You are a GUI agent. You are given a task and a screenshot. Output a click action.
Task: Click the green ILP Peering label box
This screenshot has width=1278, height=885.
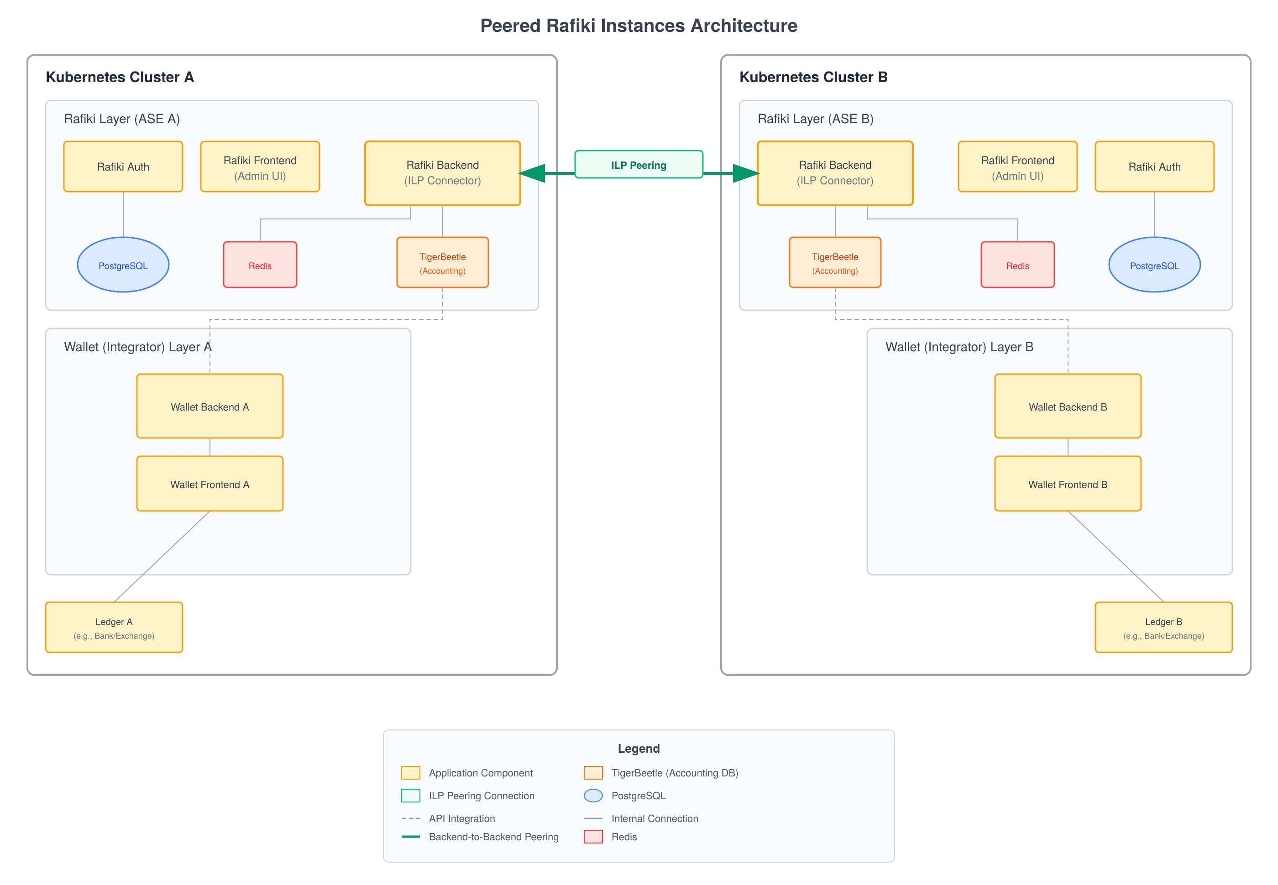pyautogui.click(x=639, y=165)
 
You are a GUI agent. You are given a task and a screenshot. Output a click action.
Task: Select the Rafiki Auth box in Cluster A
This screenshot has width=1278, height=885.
pyautogui.click(x=123, y=167)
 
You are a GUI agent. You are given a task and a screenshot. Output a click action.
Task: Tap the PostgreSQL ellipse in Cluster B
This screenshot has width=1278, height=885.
pyautogui.click(x=1154, y=265)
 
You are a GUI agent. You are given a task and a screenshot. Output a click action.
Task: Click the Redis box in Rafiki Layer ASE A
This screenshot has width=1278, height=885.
pyautogui.click(x=260, y=265)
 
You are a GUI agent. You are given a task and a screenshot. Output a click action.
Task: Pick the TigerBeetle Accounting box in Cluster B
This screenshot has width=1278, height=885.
pyautogui.click(x=835, y=262)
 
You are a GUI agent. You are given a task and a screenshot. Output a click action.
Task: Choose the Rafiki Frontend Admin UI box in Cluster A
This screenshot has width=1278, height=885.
pyautogui.click(x=260, y=167)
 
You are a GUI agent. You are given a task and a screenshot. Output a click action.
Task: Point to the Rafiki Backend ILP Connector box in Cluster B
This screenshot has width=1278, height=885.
pyautogui.click(x=835, y=173)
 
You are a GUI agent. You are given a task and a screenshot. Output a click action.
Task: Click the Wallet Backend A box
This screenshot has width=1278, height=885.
pyautogui.click(x=210, y=406)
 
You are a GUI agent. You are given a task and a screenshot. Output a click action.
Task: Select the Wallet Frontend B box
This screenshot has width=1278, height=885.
pyautogui.click(x=1067, y=484)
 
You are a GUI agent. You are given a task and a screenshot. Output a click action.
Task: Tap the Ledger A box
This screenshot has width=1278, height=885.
pyautogui.click(x=114, y=627)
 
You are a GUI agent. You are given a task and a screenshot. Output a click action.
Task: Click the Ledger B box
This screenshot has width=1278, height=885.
pyautogui.click(x=1163, y=627)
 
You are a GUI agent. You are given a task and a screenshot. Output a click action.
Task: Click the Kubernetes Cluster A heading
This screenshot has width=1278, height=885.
pyautogui.click(x=120, y=77)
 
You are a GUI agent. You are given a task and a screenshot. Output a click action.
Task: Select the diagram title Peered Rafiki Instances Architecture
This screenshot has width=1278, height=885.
pyautogui.click(x=639, y=26)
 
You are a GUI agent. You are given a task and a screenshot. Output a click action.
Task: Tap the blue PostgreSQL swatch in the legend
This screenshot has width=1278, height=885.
pyautogui.click(x=593, y=795)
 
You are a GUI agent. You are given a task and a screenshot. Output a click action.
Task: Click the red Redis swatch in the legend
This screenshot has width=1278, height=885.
pyautogui.click(x=593, y=836)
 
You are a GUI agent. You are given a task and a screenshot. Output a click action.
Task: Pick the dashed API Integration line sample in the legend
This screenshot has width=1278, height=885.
pyautogui.click(x=410, y=818)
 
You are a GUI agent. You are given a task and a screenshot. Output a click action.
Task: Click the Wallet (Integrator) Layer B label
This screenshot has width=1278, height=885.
pyautogui.click(x=959, y=347)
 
